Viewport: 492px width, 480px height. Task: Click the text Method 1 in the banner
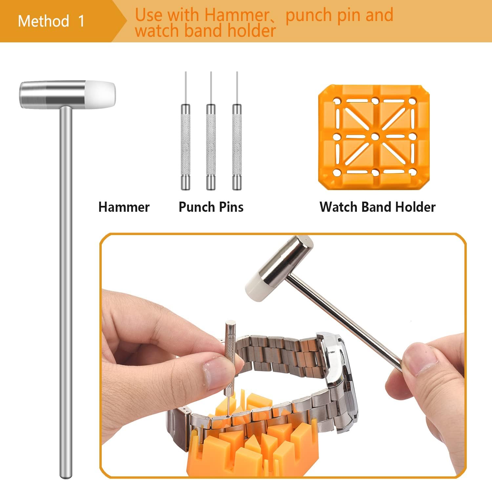[x=51, y=21]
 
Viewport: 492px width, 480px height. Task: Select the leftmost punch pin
[x=186, y=131]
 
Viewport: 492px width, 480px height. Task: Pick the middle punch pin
[x=211, y=131]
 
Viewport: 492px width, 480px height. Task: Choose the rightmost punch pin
[x=237, y=131]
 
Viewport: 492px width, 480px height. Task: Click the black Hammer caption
[x=124, y=207]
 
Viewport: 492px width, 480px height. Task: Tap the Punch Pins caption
[x=211, y=207]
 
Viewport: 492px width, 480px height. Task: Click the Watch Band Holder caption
[x=378, y=207]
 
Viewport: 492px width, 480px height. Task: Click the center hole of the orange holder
[x=375, y=137]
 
